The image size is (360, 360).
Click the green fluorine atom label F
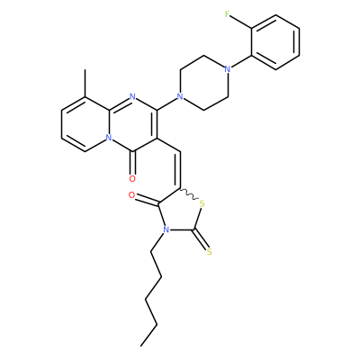[228, 13]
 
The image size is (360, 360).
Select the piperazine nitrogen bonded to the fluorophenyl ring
[228, 69]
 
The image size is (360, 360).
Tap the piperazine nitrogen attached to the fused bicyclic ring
[180, 96]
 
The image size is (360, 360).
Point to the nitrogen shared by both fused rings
[109, 138]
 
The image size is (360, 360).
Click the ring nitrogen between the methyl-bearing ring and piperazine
[132, 96]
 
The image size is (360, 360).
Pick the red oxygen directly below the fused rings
[132, 179]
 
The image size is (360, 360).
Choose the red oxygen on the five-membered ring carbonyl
[131, 195]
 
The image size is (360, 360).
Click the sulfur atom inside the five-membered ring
[202, 204]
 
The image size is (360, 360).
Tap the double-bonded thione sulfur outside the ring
[210, 252]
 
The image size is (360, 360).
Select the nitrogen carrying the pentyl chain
[165, 230]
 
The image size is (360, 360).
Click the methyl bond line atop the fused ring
[85, 83]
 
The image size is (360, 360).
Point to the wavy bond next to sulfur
[189, 193]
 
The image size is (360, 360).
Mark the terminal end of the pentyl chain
[141, 346]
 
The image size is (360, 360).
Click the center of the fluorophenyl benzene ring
[275, 42]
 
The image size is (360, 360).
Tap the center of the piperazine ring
[204, 83]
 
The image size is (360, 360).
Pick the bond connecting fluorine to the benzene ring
[241, 22]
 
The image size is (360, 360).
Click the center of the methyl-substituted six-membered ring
[85, 124]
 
